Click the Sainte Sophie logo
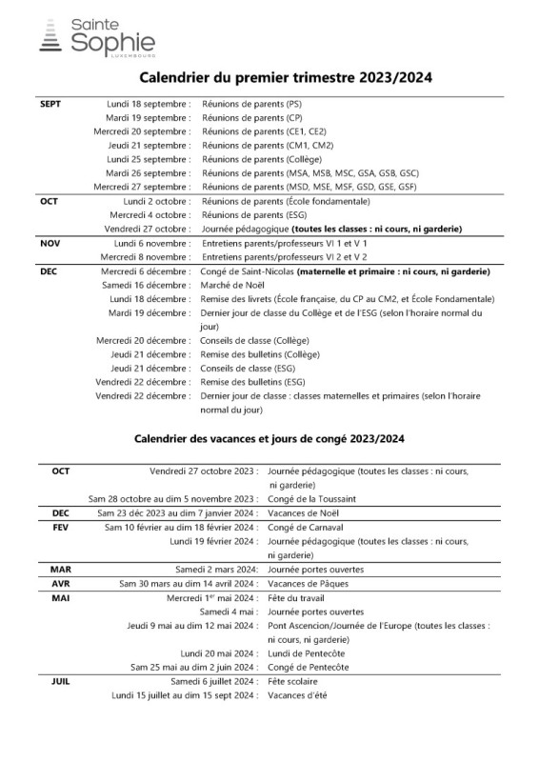click(x=96, y=37)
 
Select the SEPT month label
click(x=50, y=104)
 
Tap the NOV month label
click(x=50, y=243)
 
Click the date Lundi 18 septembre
click(x=149, y=104)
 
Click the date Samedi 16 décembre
click(x=146, y=285)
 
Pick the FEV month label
click(x=61, y=527)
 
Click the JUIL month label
click(x=61, y=681)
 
